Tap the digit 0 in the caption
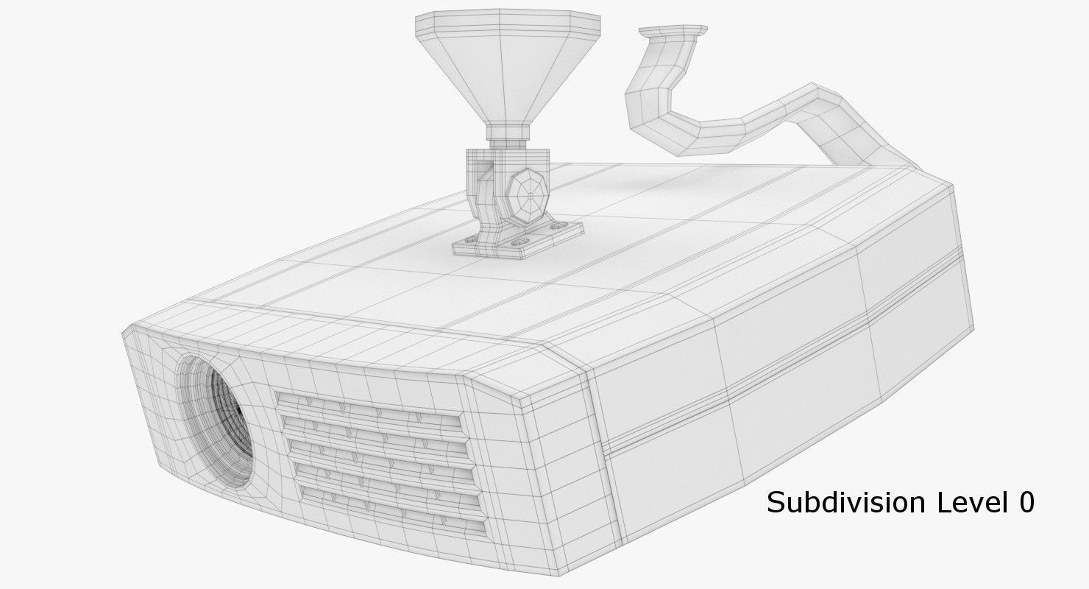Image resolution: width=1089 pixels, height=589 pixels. (x=1026, y=503)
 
